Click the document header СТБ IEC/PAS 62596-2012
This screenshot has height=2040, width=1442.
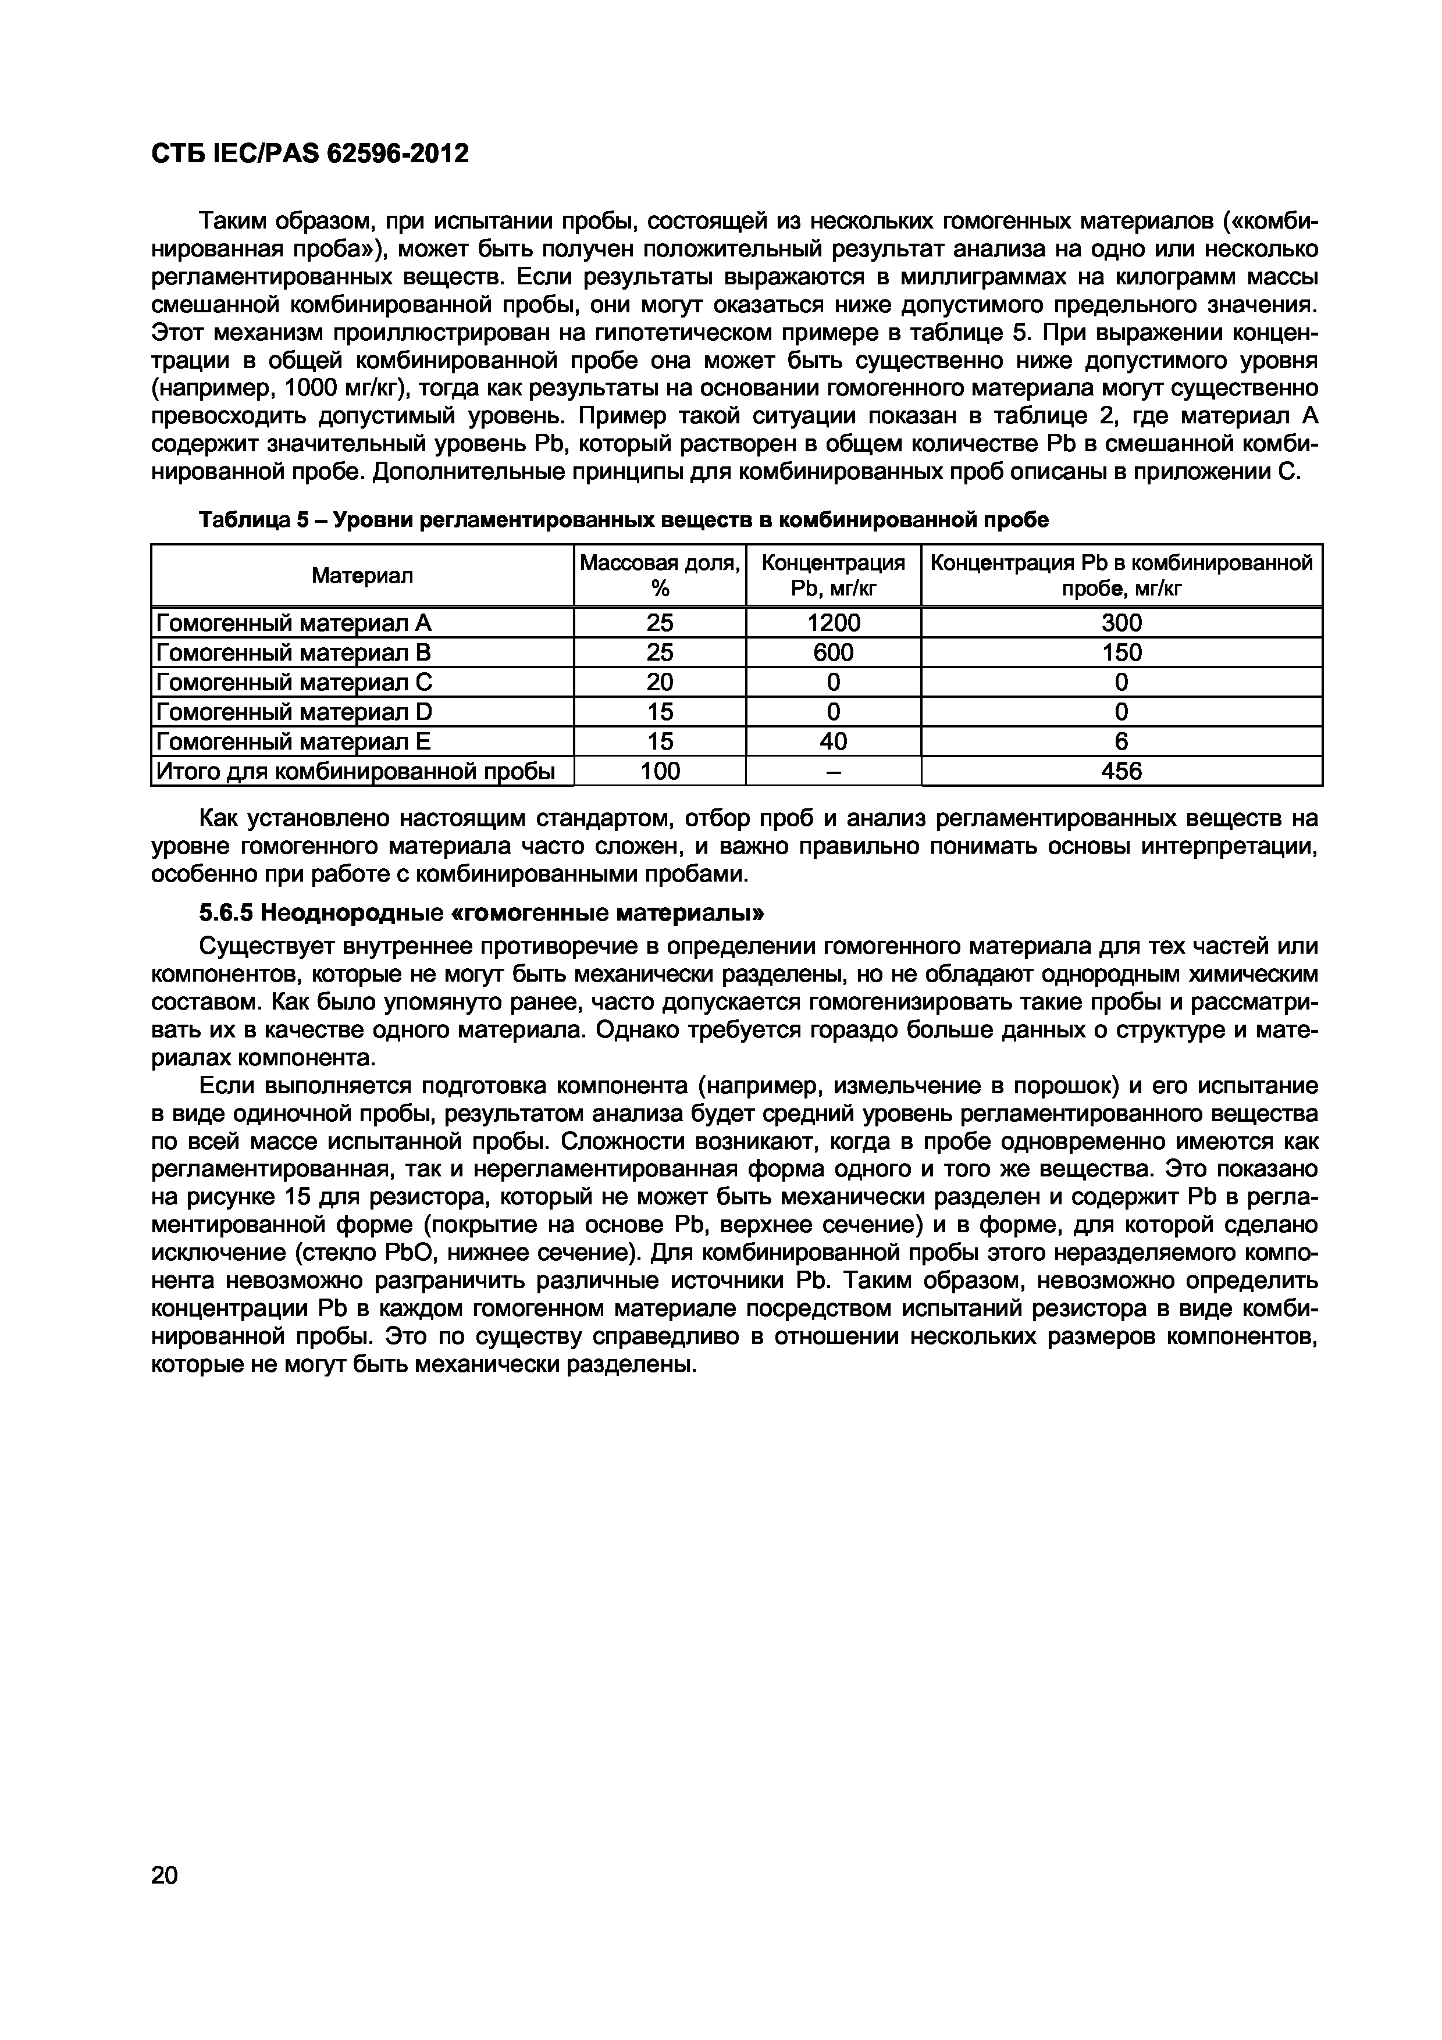[310, 154]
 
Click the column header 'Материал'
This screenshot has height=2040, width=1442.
[362, 576]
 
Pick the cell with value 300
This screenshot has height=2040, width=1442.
[1121, 623]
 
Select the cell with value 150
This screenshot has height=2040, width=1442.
[1121, 653]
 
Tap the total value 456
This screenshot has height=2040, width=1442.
[1121, 771]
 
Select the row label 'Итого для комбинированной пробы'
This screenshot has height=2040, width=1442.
[355, 771]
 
